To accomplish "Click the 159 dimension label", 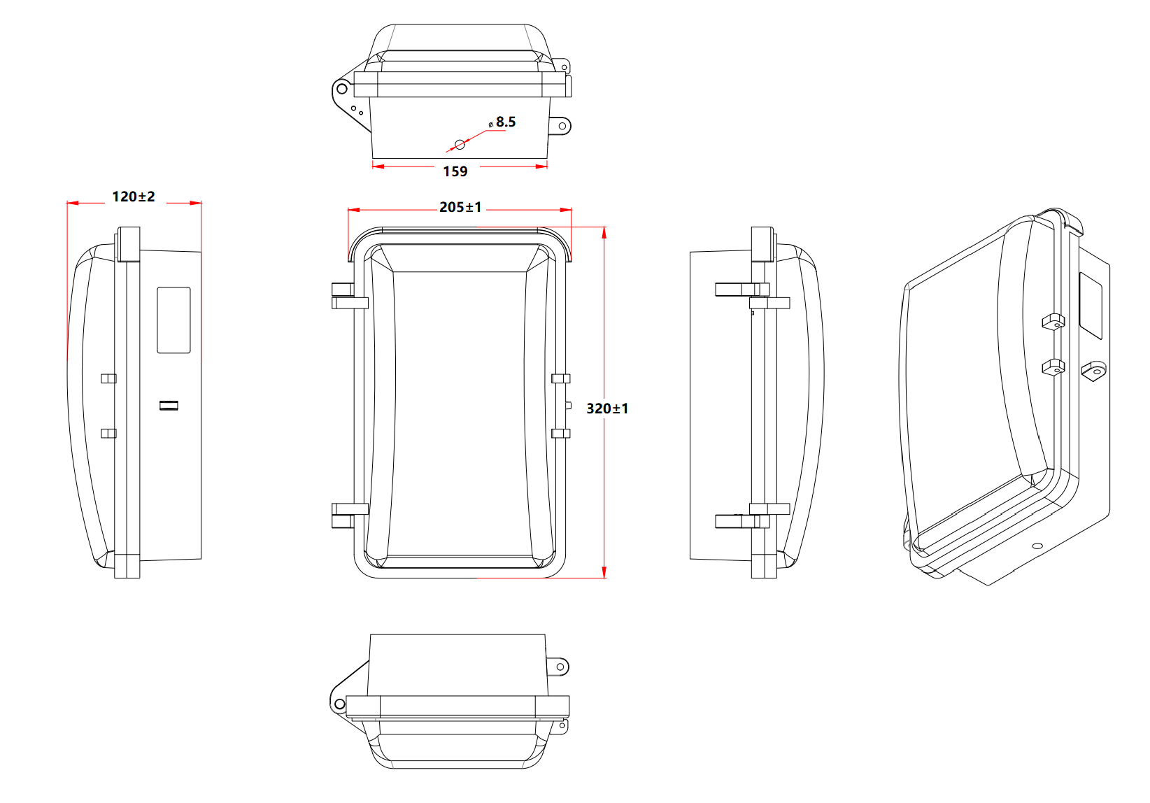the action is click(455, 171).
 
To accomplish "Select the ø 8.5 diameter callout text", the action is click(502, 122).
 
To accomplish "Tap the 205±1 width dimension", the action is click(460, 207).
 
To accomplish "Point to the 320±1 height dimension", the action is click(607, 408).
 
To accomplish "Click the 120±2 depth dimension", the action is click(134, 197).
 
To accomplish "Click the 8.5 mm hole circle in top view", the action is click(460, 145).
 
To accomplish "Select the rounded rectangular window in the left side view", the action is click(173, 320).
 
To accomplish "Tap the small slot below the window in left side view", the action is click(169, 406).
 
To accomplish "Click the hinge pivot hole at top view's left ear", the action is click(342, 90).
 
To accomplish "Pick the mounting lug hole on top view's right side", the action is click(562, 127).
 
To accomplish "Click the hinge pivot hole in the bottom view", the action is click(339, 704).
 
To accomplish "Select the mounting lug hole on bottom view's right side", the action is click(560, 667).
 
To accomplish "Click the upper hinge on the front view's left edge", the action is click(350, 296).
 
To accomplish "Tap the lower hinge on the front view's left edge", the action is click(350, 516).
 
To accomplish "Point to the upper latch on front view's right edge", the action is click(560, 379).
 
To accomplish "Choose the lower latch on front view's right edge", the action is click(560, 434).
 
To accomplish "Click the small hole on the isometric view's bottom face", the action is click(1037, 546).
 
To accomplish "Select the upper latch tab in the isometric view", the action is click(1053, 322).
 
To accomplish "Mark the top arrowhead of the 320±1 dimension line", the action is click(604, 233).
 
